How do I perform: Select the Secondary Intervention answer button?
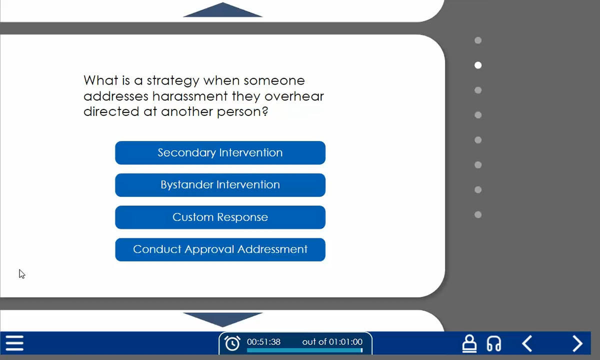(x=220, y=152)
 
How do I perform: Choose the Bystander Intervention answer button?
(x=220, y=185)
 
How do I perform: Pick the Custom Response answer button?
(x=220, y=217)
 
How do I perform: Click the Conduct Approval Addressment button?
(x=220, y=249)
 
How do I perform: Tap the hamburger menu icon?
(x=14, y=343)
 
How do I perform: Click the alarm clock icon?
(x=232, y=343)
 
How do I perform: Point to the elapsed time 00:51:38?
(x=263, y=342)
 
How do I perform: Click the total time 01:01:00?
(x=345, y=342)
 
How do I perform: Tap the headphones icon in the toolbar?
(x=493, y=343)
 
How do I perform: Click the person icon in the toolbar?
(x=469, y=343)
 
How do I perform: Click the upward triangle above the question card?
(x=222, y=10)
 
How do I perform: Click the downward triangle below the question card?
(x=222, y=319)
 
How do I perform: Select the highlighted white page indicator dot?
(x=478, y=65)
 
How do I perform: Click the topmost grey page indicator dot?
(x=478, y=40)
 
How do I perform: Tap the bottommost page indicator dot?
(x=478, y=214)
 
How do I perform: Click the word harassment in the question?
(x=190, y=96)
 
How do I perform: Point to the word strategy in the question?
(x=173, y=81)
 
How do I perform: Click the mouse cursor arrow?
(x=22, y=274)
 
